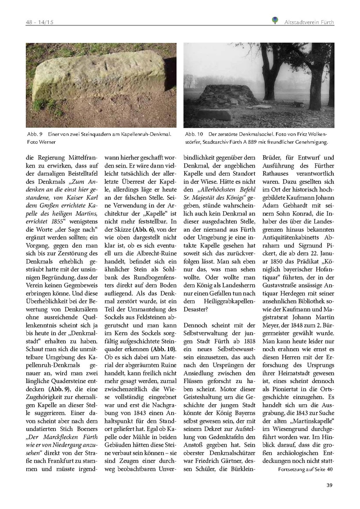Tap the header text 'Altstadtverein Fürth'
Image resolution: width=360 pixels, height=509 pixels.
(x=309, y=21)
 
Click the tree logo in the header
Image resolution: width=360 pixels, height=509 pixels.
(x=275, y=20)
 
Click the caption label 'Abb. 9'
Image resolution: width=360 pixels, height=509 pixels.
(x=33, y=134)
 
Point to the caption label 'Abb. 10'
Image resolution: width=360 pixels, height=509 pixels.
(x=194, y=134)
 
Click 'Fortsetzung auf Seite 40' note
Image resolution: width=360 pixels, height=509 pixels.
(x=306, y=470)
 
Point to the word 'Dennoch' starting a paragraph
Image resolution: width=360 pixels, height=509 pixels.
(x=196, y=325)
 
